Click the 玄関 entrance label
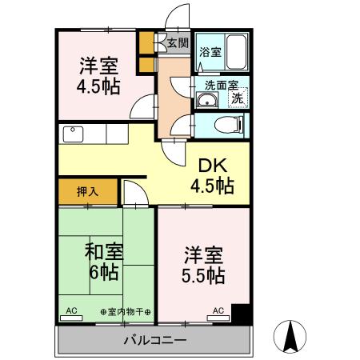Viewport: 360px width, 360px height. [178, 43]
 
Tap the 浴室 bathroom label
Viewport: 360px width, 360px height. [210, 53]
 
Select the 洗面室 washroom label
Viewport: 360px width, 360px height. [221, 83]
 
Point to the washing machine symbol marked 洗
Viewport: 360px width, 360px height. [238, 99]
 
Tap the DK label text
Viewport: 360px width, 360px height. [213, 166]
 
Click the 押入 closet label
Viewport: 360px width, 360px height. [87, 192]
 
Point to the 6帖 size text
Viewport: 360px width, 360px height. [103, 273]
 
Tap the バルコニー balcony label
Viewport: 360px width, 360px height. [156, 341]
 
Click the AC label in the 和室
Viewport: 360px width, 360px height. [70, 310]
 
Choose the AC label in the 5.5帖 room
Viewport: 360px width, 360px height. [218, 310]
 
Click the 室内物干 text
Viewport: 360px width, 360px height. [126, 310]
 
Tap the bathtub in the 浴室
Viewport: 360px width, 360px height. [235, 52]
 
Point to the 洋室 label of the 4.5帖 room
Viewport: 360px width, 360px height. [98, 65]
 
